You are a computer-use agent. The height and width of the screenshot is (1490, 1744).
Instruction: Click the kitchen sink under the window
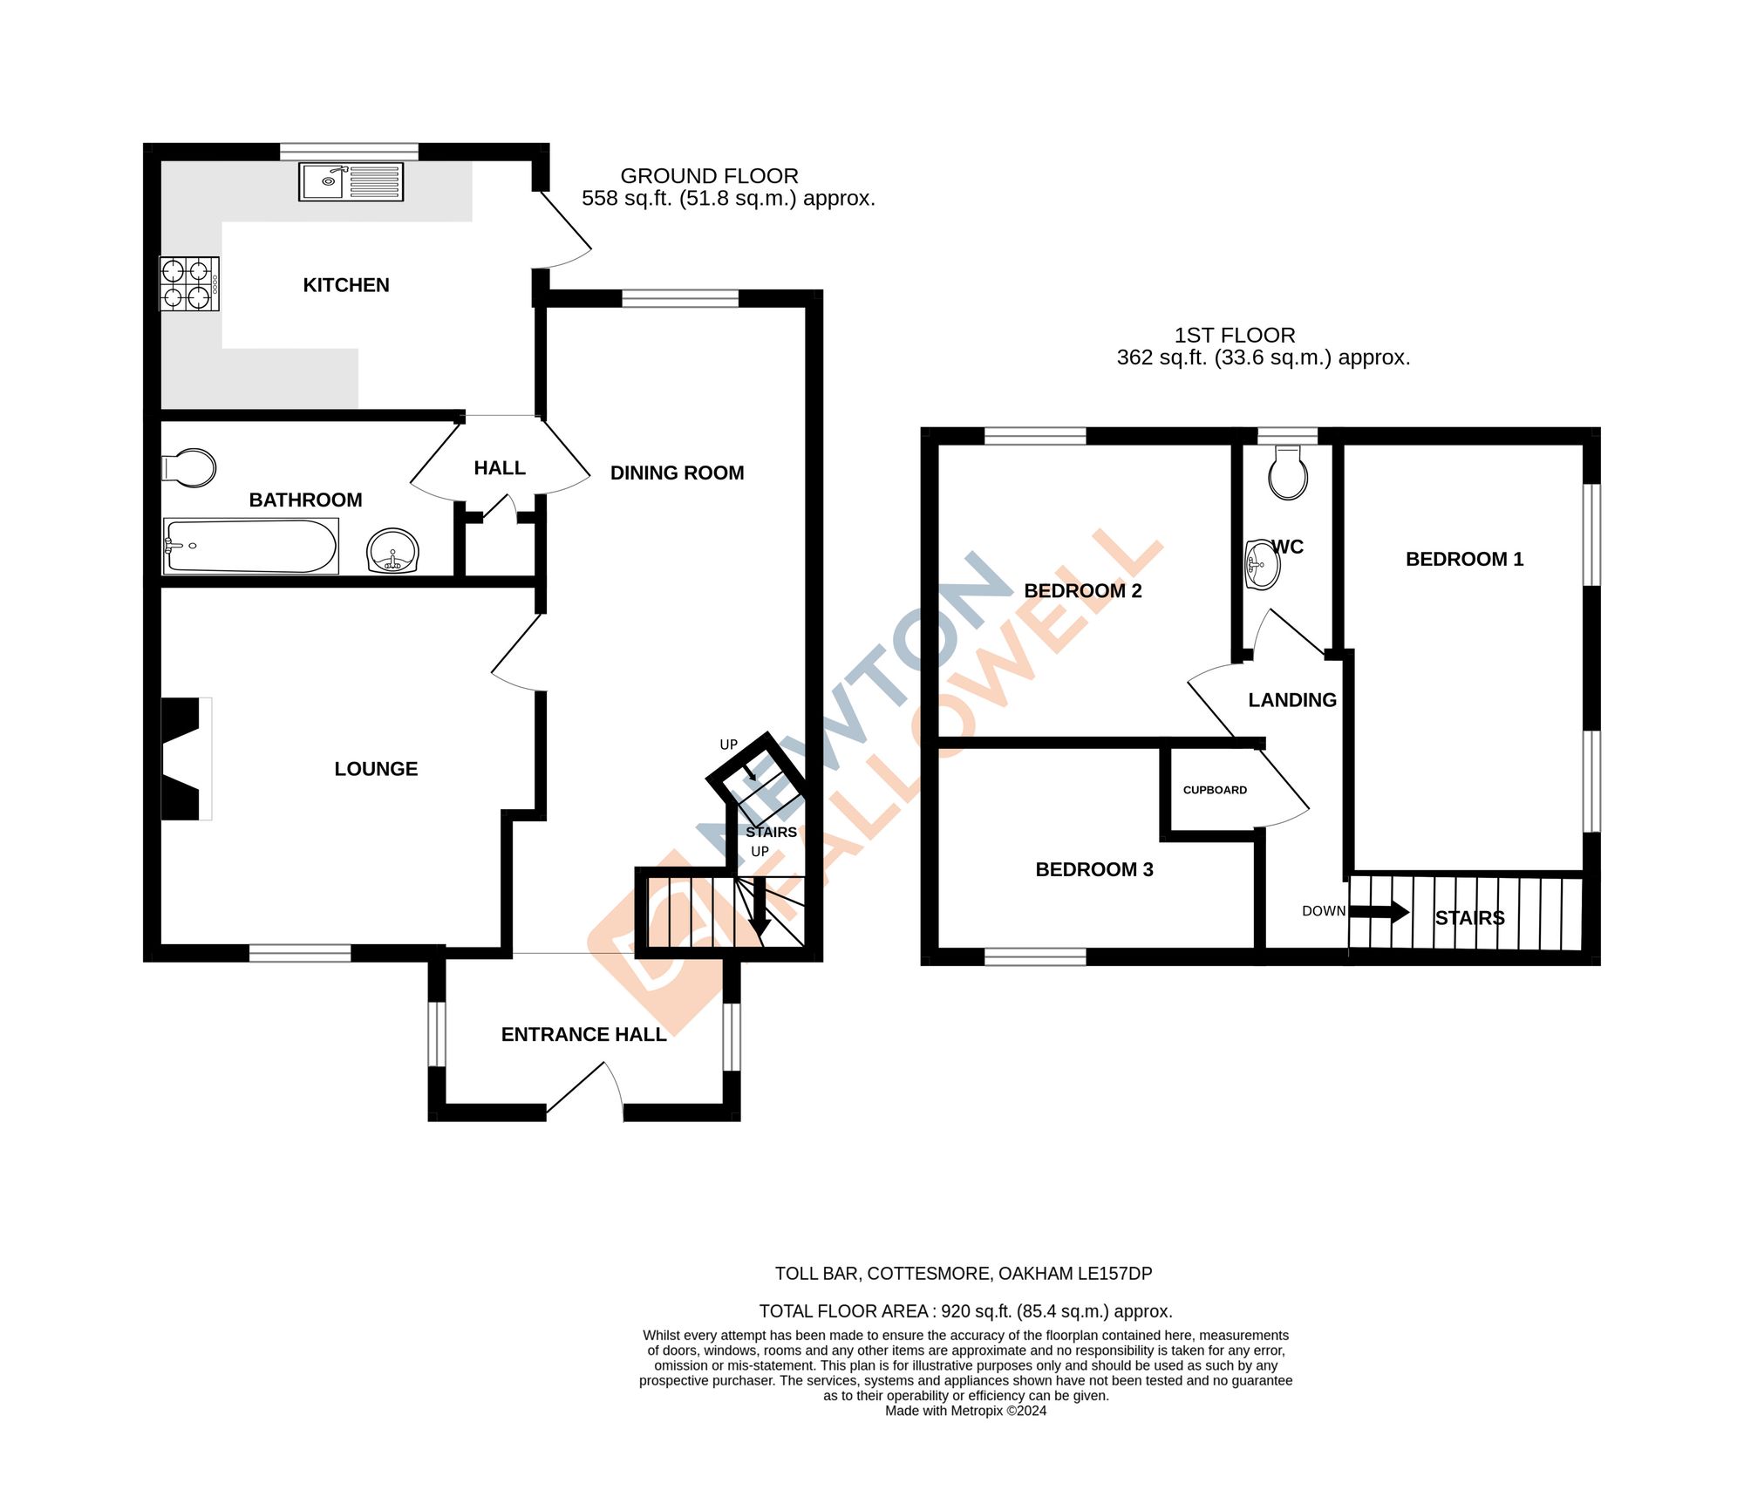pos(351,181)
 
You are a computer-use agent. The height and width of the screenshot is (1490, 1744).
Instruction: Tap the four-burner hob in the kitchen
pos(188,283)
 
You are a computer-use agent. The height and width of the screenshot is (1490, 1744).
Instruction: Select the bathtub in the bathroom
pos(251,547)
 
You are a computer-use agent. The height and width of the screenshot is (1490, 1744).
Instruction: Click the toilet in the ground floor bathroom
pos(190,468)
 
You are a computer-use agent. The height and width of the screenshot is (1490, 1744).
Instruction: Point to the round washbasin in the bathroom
pos(393,551)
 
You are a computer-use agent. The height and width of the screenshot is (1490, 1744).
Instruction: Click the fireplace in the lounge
pos(185,759)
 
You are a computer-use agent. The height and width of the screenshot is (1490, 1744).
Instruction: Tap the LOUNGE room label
pos(376,769)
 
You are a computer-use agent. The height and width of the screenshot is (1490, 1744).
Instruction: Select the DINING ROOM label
pos(677,473)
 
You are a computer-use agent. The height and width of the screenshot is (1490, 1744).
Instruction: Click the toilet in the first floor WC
pos(1288,473)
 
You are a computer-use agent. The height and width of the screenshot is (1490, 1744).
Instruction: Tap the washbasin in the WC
pos(1261,565)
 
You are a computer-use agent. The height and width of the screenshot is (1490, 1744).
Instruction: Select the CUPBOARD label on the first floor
pos(1215,790)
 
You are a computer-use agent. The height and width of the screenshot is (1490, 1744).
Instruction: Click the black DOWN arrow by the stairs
pos(1380,912)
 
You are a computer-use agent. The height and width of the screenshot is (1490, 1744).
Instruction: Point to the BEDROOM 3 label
pos(1093,869)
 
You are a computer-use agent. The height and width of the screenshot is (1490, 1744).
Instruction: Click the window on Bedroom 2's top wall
pos(1035,436)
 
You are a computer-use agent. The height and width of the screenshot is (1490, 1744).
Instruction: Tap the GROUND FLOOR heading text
pos(709,176)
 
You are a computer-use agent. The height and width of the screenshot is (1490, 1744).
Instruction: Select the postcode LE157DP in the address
pos(1114,1273)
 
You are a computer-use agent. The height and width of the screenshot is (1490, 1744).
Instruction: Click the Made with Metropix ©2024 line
pos(965,1411)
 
